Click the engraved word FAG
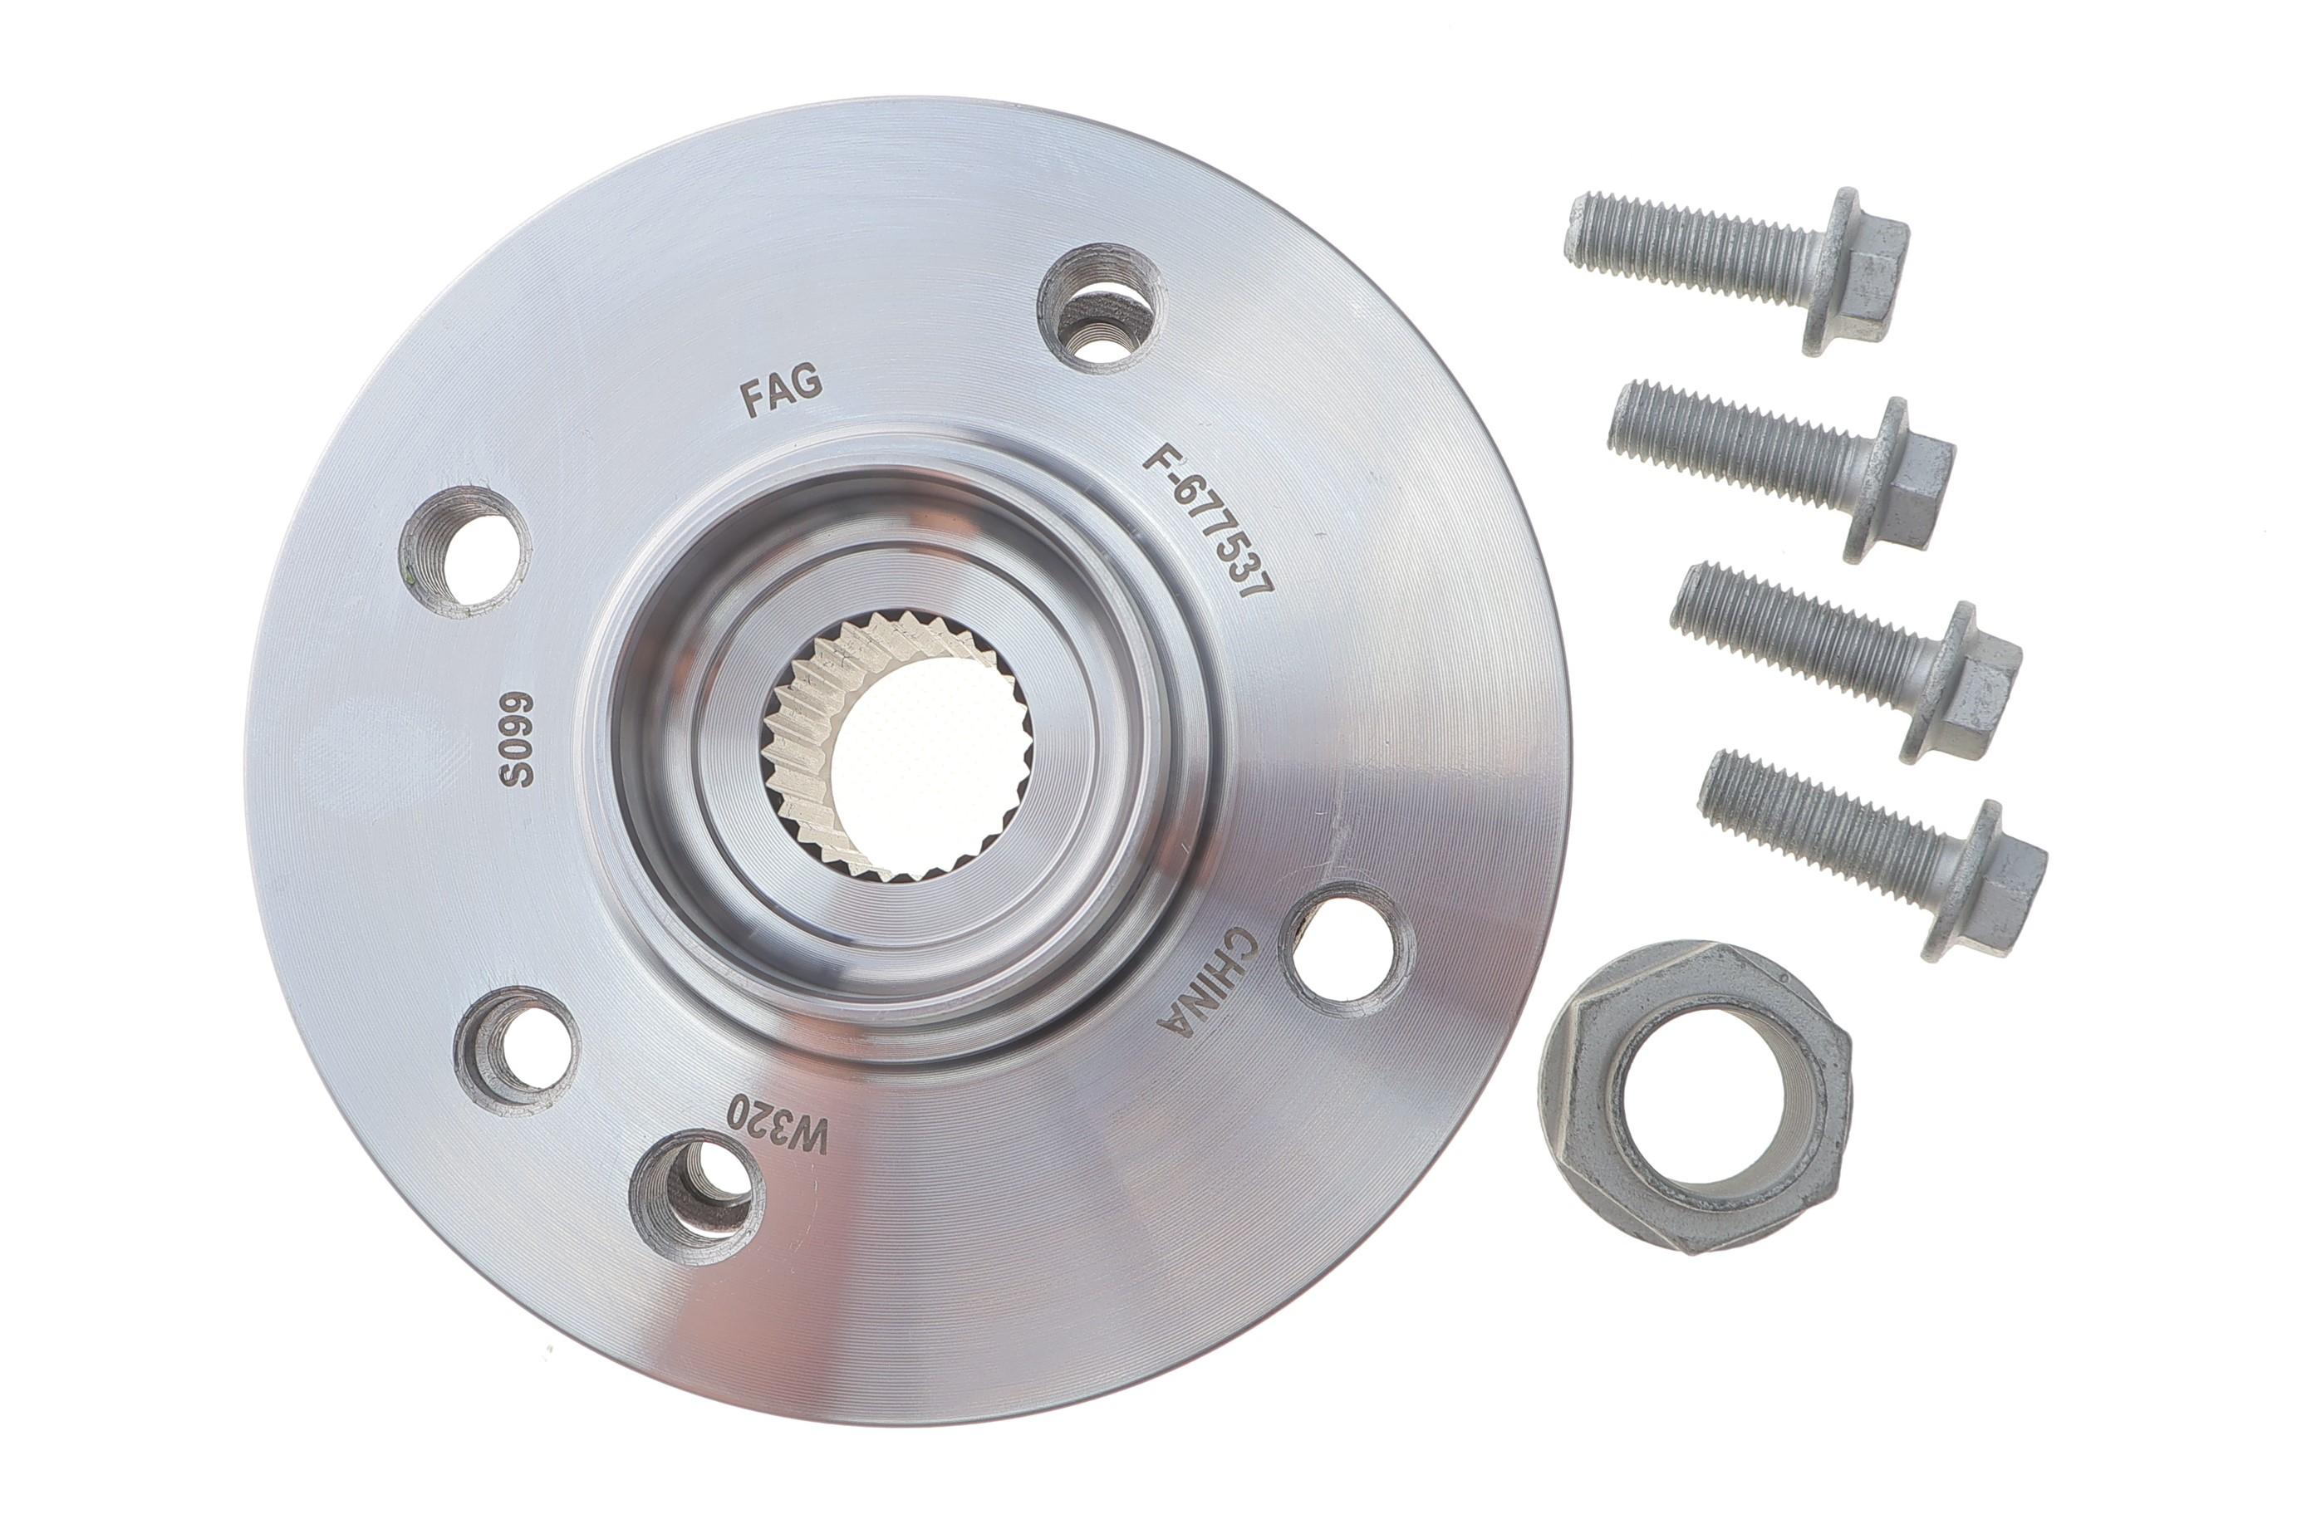[x=780, y=391]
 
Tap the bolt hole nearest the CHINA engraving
[x=1347, y=949]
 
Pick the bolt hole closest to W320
[x=696, y=1197]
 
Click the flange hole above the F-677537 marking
[x=1101, y=307]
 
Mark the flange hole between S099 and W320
[x=517, y=1050]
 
